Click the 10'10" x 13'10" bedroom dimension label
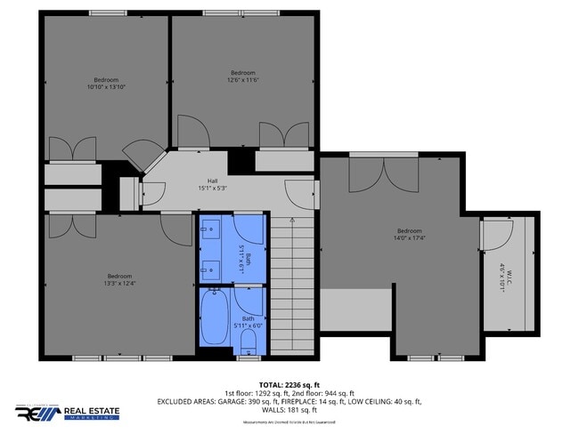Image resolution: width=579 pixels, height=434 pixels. (106, 87)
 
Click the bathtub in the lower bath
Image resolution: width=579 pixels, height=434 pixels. (214, 318)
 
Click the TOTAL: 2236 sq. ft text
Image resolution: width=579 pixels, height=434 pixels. (289, 384)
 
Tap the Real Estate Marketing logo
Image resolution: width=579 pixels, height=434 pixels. (68, 414)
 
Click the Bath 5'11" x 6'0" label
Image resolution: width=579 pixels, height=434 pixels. (248, 321)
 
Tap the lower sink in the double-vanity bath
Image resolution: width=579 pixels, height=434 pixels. (211, 267)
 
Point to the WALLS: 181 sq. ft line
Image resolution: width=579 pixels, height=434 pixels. (289, 410)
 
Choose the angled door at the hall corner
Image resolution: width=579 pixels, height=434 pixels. (140, 152)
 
